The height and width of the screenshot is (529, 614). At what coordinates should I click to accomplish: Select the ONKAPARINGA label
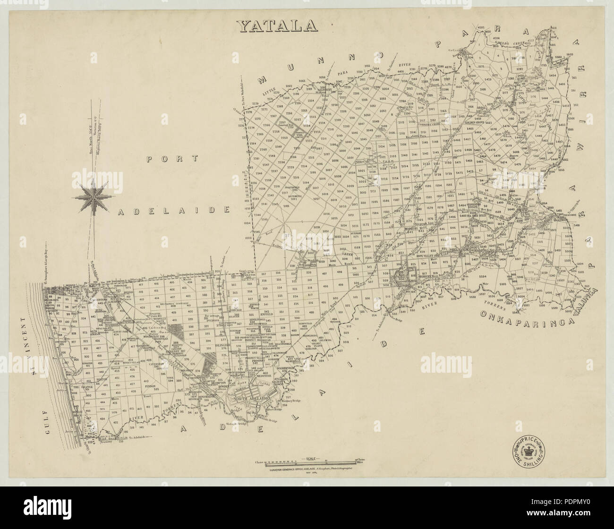[x=526, y=320]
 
